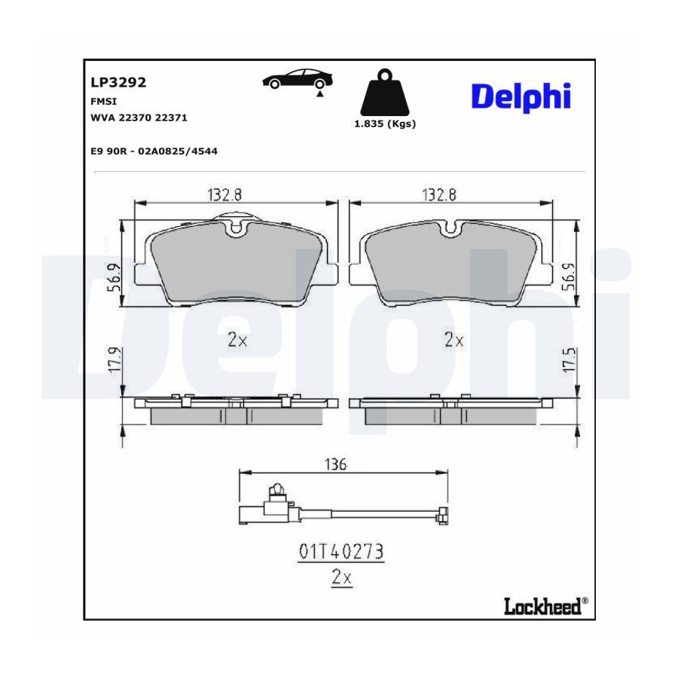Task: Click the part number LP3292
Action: (118, 82)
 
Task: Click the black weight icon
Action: (384, 92)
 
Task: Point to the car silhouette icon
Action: (298, 79)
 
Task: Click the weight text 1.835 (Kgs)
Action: (385, 124)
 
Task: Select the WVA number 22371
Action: (171, 118)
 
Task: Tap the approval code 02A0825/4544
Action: (178, 151)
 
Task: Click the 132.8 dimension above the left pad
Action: (224, 195)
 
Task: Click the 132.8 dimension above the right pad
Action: (439, 195)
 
